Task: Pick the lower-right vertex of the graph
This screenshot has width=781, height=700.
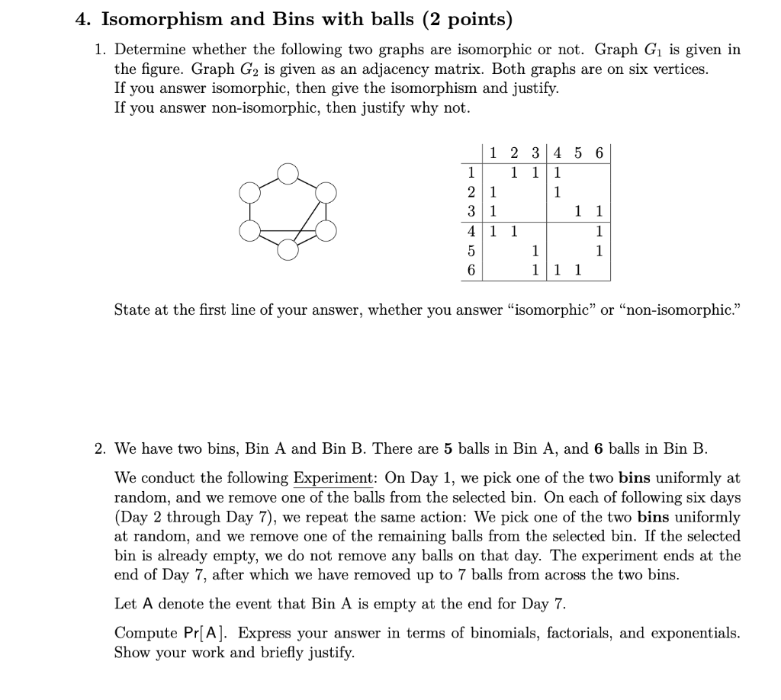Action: pos(326,231)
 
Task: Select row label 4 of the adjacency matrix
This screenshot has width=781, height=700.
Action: pos(472,230)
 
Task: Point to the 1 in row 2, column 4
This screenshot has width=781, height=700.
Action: pos(558,191)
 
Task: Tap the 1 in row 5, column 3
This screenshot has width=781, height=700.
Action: pos(535,249)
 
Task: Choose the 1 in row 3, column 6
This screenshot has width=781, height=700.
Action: pos(599,210)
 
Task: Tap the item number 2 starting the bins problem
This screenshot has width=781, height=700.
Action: pos(100,448)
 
